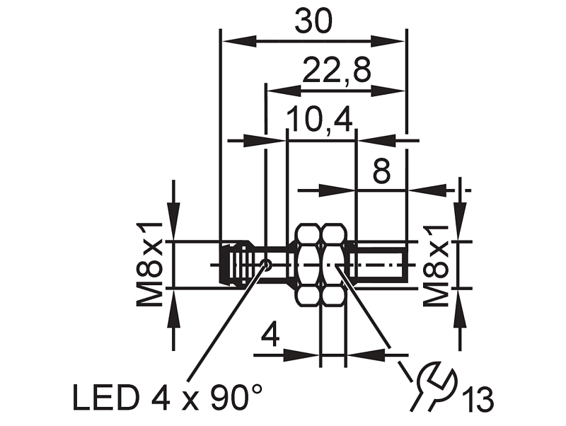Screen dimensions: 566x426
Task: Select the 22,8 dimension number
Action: [337, 70]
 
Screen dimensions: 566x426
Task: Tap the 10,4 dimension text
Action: [320, 119]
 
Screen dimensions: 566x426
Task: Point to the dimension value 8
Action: [381, 171]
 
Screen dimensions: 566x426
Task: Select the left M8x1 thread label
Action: [149, 265]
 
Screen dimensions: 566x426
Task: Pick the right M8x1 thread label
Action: [436, 265]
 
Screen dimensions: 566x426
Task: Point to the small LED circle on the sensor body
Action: [267, 265]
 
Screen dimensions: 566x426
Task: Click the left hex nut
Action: [308, 265]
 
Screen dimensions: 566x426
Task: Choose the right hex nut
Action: [334, 265]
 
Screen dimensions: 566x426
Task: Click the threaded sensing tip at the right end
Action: [381, 265]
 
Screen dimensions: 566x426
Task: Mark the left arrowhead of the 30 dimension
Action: [239, 41]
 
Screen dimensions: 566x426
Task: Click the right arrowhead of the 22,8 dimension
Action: [388, 91]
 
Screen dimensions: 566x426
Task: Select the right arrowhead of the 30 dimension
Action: [388, 41]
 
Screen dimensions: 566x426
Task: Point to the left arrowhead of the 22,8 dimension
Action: [284, 91]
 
